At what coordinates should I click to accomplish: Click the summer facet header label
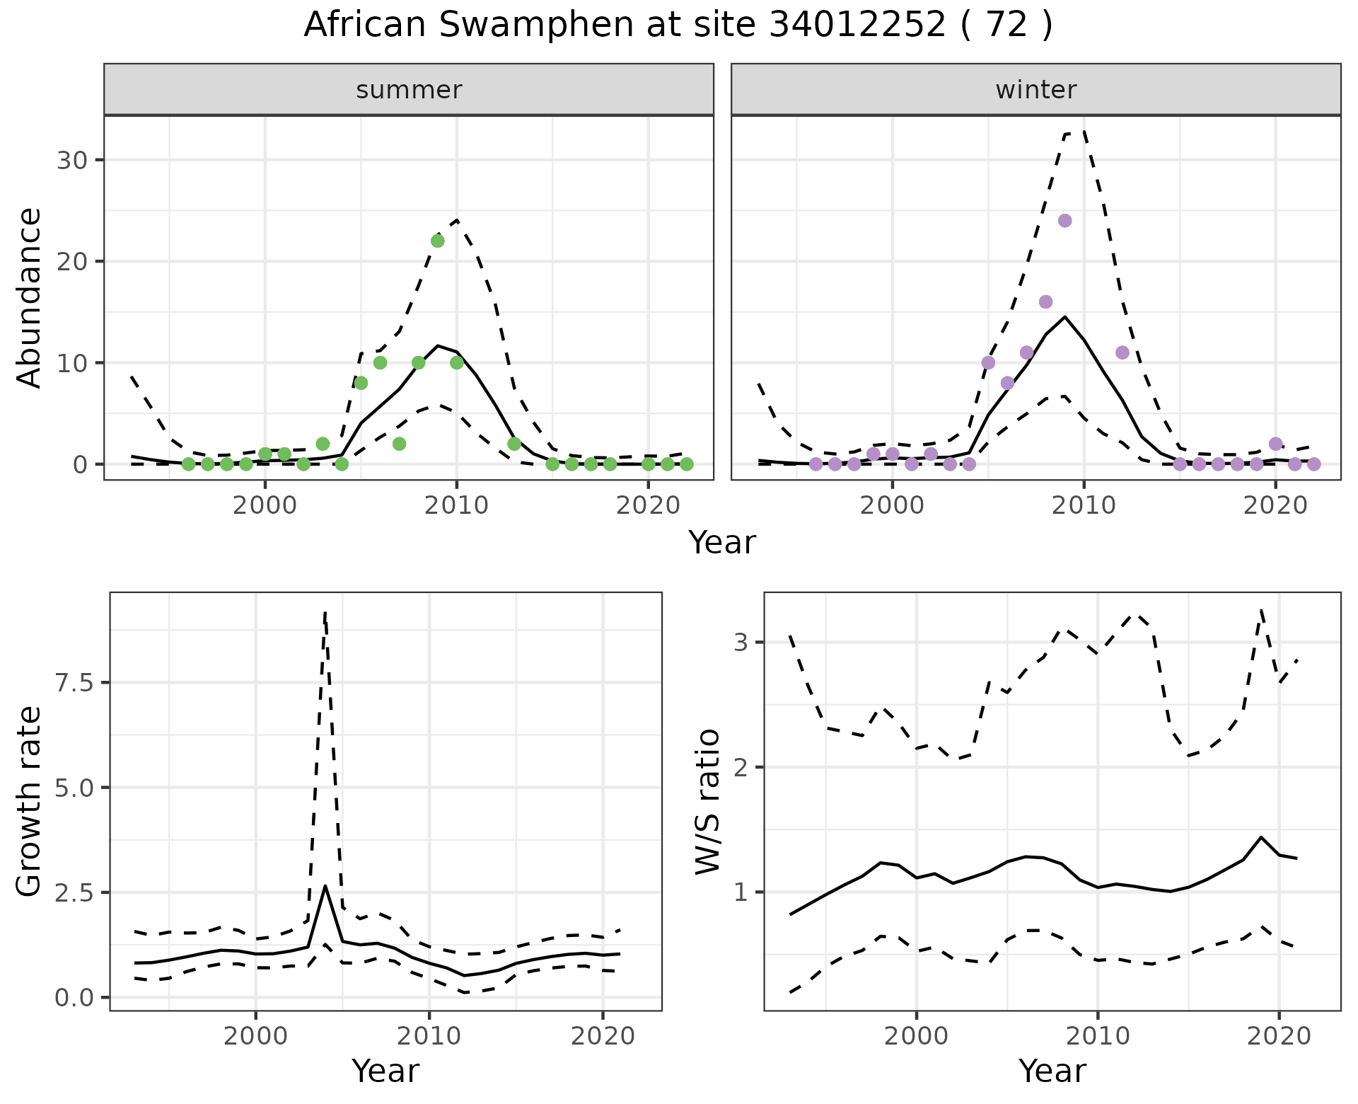pyautogui.click(x=409, y=90)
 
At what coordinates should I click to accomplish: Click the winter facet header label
pyautogui.click(x=1035, y=90)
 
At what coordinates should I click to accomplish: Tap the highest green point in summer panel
pyautogui.click(x=437, y=241)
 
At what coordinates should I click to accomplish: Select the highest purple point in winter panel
pyautogui.click(x=1064, y=221)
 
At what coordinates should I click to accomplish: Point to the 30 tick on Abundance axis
pyautogui.click(x=70, y=160)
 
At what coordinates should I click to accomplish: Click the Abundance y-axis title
pyautogui.click(x=29, y=297)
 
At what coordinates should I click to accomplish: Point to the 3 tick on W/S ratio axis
pyautogui.click(x=741, y=643)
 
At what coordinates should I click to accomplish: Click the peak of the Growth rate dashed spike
pyautogui.click(x=325, y=613)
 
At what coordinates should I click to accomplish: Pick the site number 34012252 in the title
pyautogui.click(x=857, y=25)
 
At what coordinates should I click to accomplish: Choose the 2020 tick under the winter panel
pyautogui.click(x=1275, y=505)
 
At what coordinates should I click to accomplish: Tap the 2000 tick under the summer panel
pyautogui.click(x=265, y=505)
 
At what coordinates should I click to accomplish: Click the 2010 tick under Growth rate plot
pyautogui.click(x=429, y=1036)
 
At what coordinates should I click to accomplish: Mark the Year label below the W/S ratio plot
pyautogui.click(x=1052, y=1071)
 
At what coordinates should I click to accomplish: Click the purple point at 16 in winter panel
pyautogui.click(x=1045, y=302)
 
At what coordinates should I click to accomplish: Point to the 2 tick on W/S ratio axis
pyautogui.click(x=741, y=767)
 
